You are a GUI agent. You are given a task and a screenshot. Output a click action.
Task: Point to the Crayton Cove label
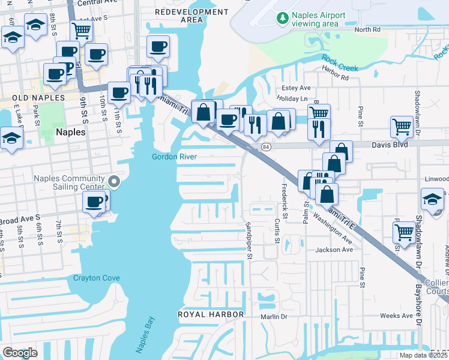click(x=96, y=278)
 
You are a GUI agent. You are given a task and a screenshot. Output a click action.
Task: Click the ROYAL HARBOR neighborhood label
click(x=211, y=314)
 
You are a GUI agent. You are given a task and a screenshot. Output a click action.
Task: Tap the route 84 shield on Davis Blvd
click(x=265, y=146)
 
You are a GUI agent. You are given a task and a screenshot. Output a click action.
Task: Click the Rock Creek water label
click(x=340, y=62)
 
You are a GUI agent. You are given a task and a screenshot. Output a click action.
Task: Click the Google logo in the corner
click(x=20, y=352)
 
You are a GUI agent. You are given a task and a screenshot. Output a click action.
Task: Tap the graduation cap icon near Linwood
click(x=432, y=198)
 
